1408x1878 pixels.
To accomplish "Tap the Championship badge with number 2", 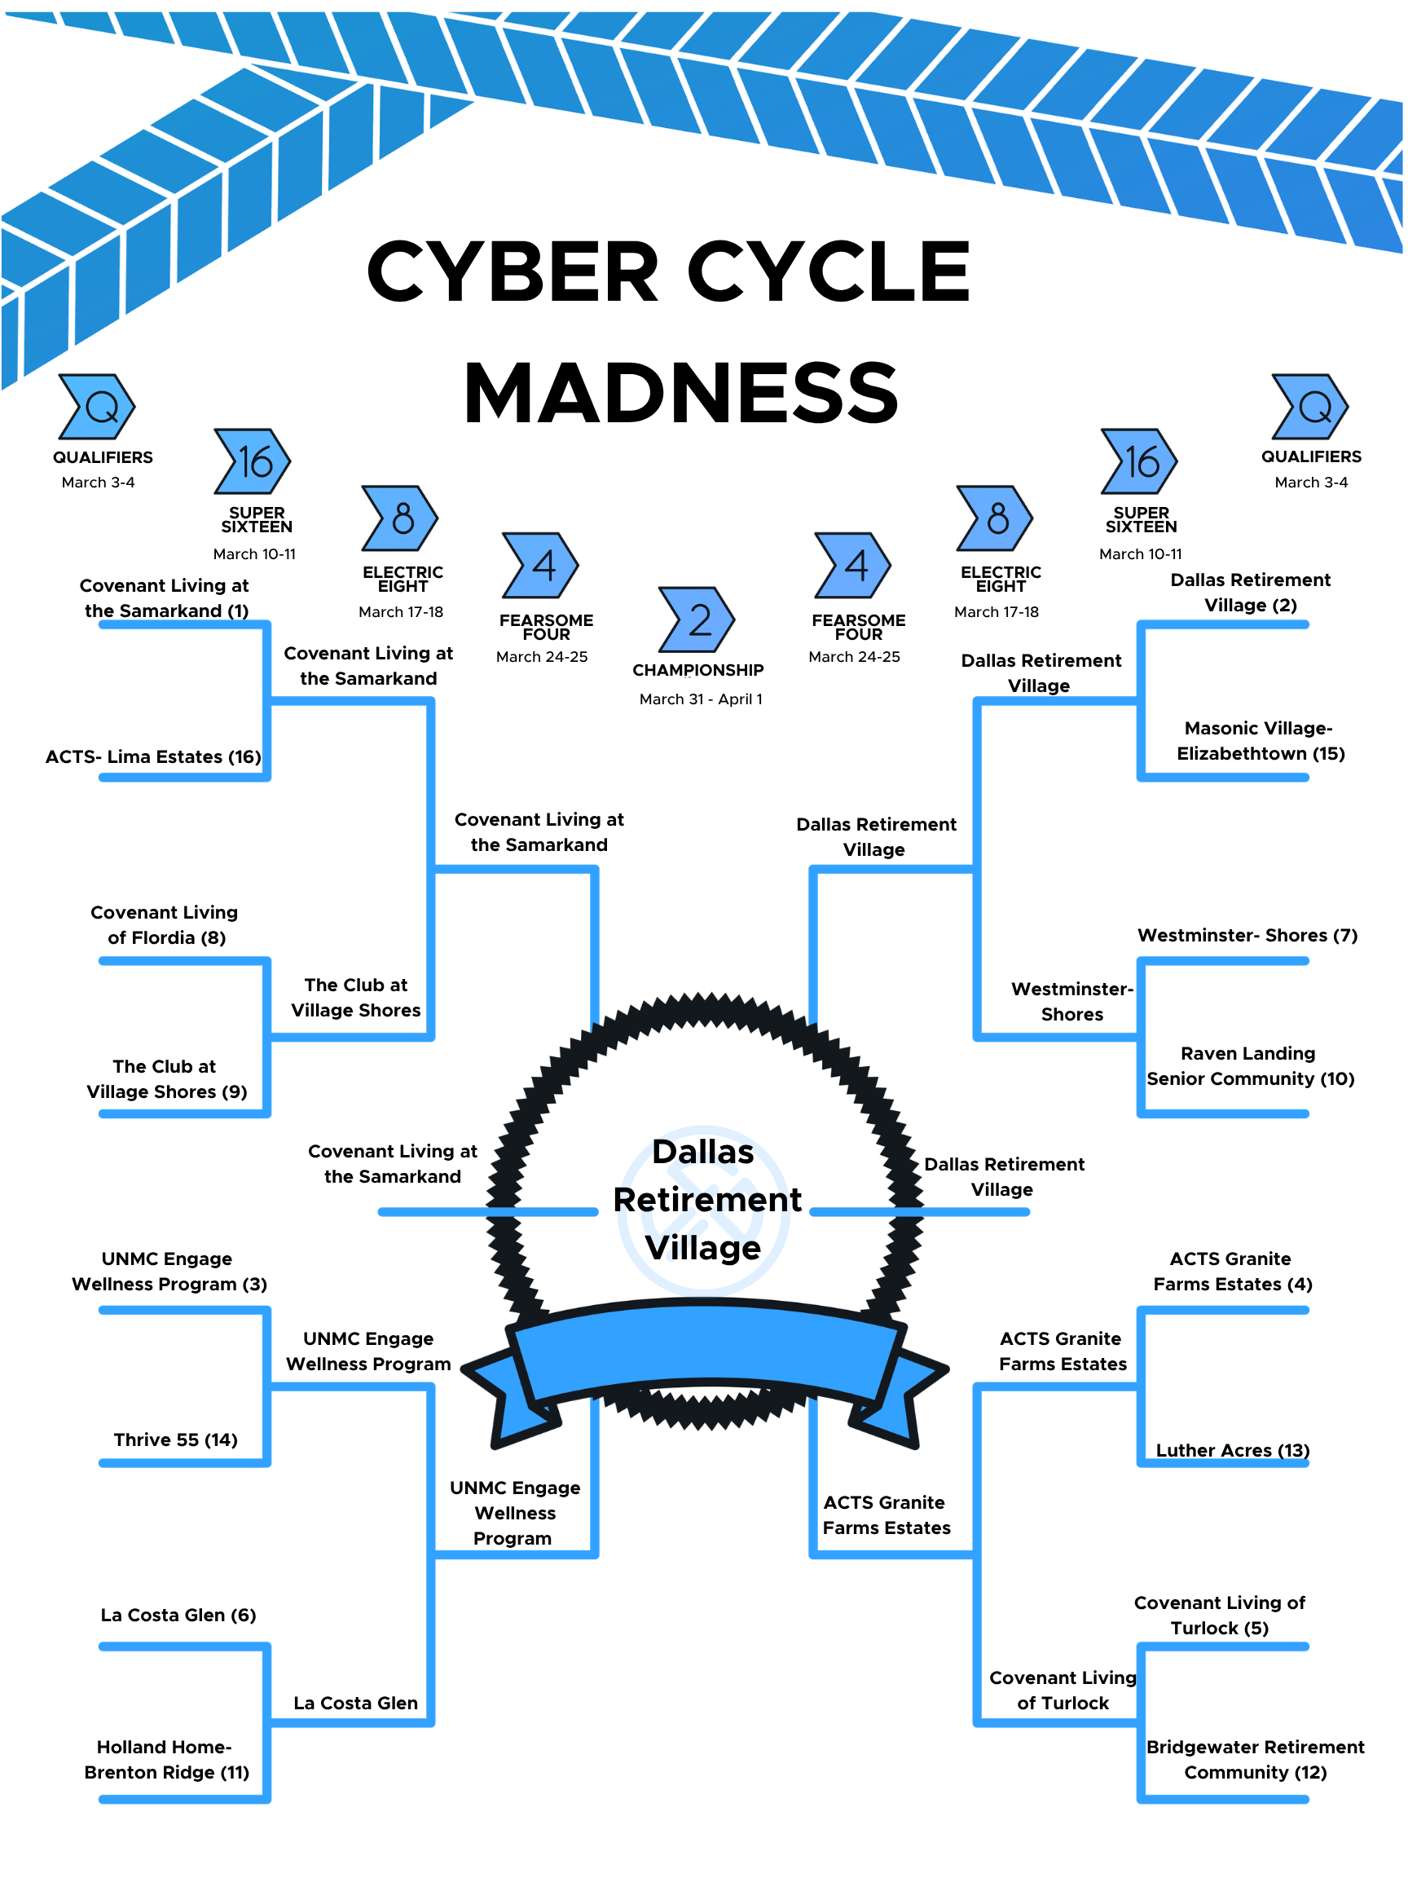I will pyautogui.click(x=697, y=619).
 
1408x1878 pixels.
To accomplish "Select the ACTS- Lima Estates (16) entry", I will pyautogui.click(x=152, y=756).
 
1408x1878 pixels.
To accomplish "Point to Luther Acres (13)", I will pyautogui.click(x=1232, y=1450).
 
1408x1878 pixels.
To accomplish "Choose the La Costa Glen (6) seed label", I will pyautogui.click(x=178, y=1615).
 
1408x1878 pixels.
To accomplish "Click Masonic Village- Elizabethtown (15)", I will pyautogui.click(x=1260, y=740).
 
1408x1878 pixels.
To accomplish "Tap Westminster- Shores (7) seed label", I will pyautogui.click(x=1247, y=935).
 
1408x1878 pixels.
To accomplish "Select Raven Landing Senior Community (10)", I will pyautogui.click(x=1249, y=1065).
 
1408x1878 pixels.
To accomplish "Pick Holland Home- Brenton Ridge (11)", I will pyautogui.click(x=165, y=1759).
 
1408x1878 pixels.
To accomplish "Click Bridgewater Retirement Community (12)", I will pyautogui.click(x=1254, y=1759).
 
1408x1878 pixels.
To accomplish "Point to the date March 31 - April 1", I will pyautogui.click(x=701, y=699).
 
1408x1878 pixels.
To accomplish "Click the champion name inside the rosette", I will pyautogui.click(x=706, y=1200).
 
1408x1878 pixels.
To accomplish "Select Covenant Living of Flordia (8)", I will pyautogui.click(x=165, y=924).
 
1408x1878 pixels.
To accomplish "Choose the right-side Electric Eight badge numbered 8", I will pyautogui.click(x=995, y=518).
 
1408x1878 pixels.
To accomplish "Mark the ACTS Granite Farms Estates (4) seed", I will pyautogui.click(x=1231, y=1271).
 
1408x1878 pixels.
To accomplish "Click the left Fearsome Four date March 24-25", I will pyautogui.click(x=542, y=656).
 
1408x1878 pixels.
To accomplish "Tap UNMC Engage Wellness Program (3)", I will pyautogui.click(x=168, y=1271).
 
